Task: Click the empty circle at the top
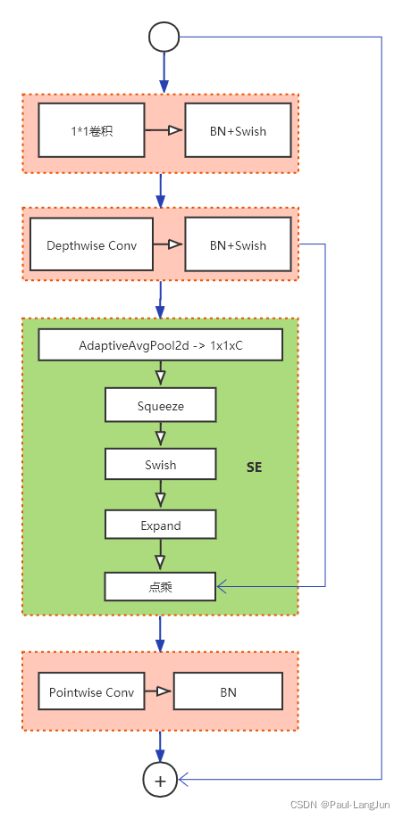(164, 37)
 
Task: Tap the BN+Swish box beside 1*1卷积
(238, 131)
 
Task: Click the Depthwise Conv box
(91, 244)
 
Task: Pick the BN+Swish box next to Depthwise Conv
(238, 244)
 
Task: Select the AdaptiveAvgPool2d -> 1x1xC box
(160, 344)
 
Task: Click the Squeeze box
(160, 405)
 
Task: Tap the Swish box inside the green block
(160, 465)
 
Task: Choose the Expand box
(160, 525)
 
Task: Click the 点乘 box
(160, 585)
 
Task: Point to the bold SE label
(254, 467)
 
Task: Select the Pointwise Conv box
(91, 691)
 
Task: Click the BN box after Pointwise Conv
(228, 691)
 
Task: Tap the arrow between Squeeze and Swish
(160, 435)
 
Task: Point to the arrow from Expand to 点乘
(160, 555)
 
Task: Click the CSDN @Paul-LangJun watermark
(341, 805)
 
